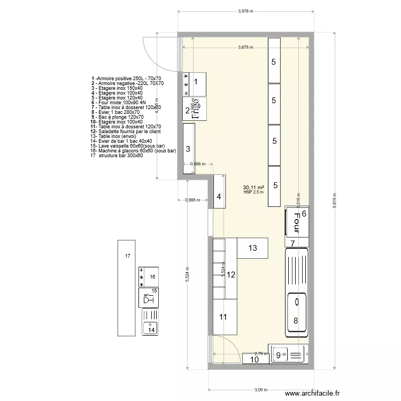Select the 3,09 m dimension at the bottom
[x=261, y=389]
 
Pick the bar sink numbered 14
[x=150, y=324]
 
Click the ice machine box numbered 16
[x=149, y=276]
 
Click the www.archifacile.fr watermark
[x=312, y=394]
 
